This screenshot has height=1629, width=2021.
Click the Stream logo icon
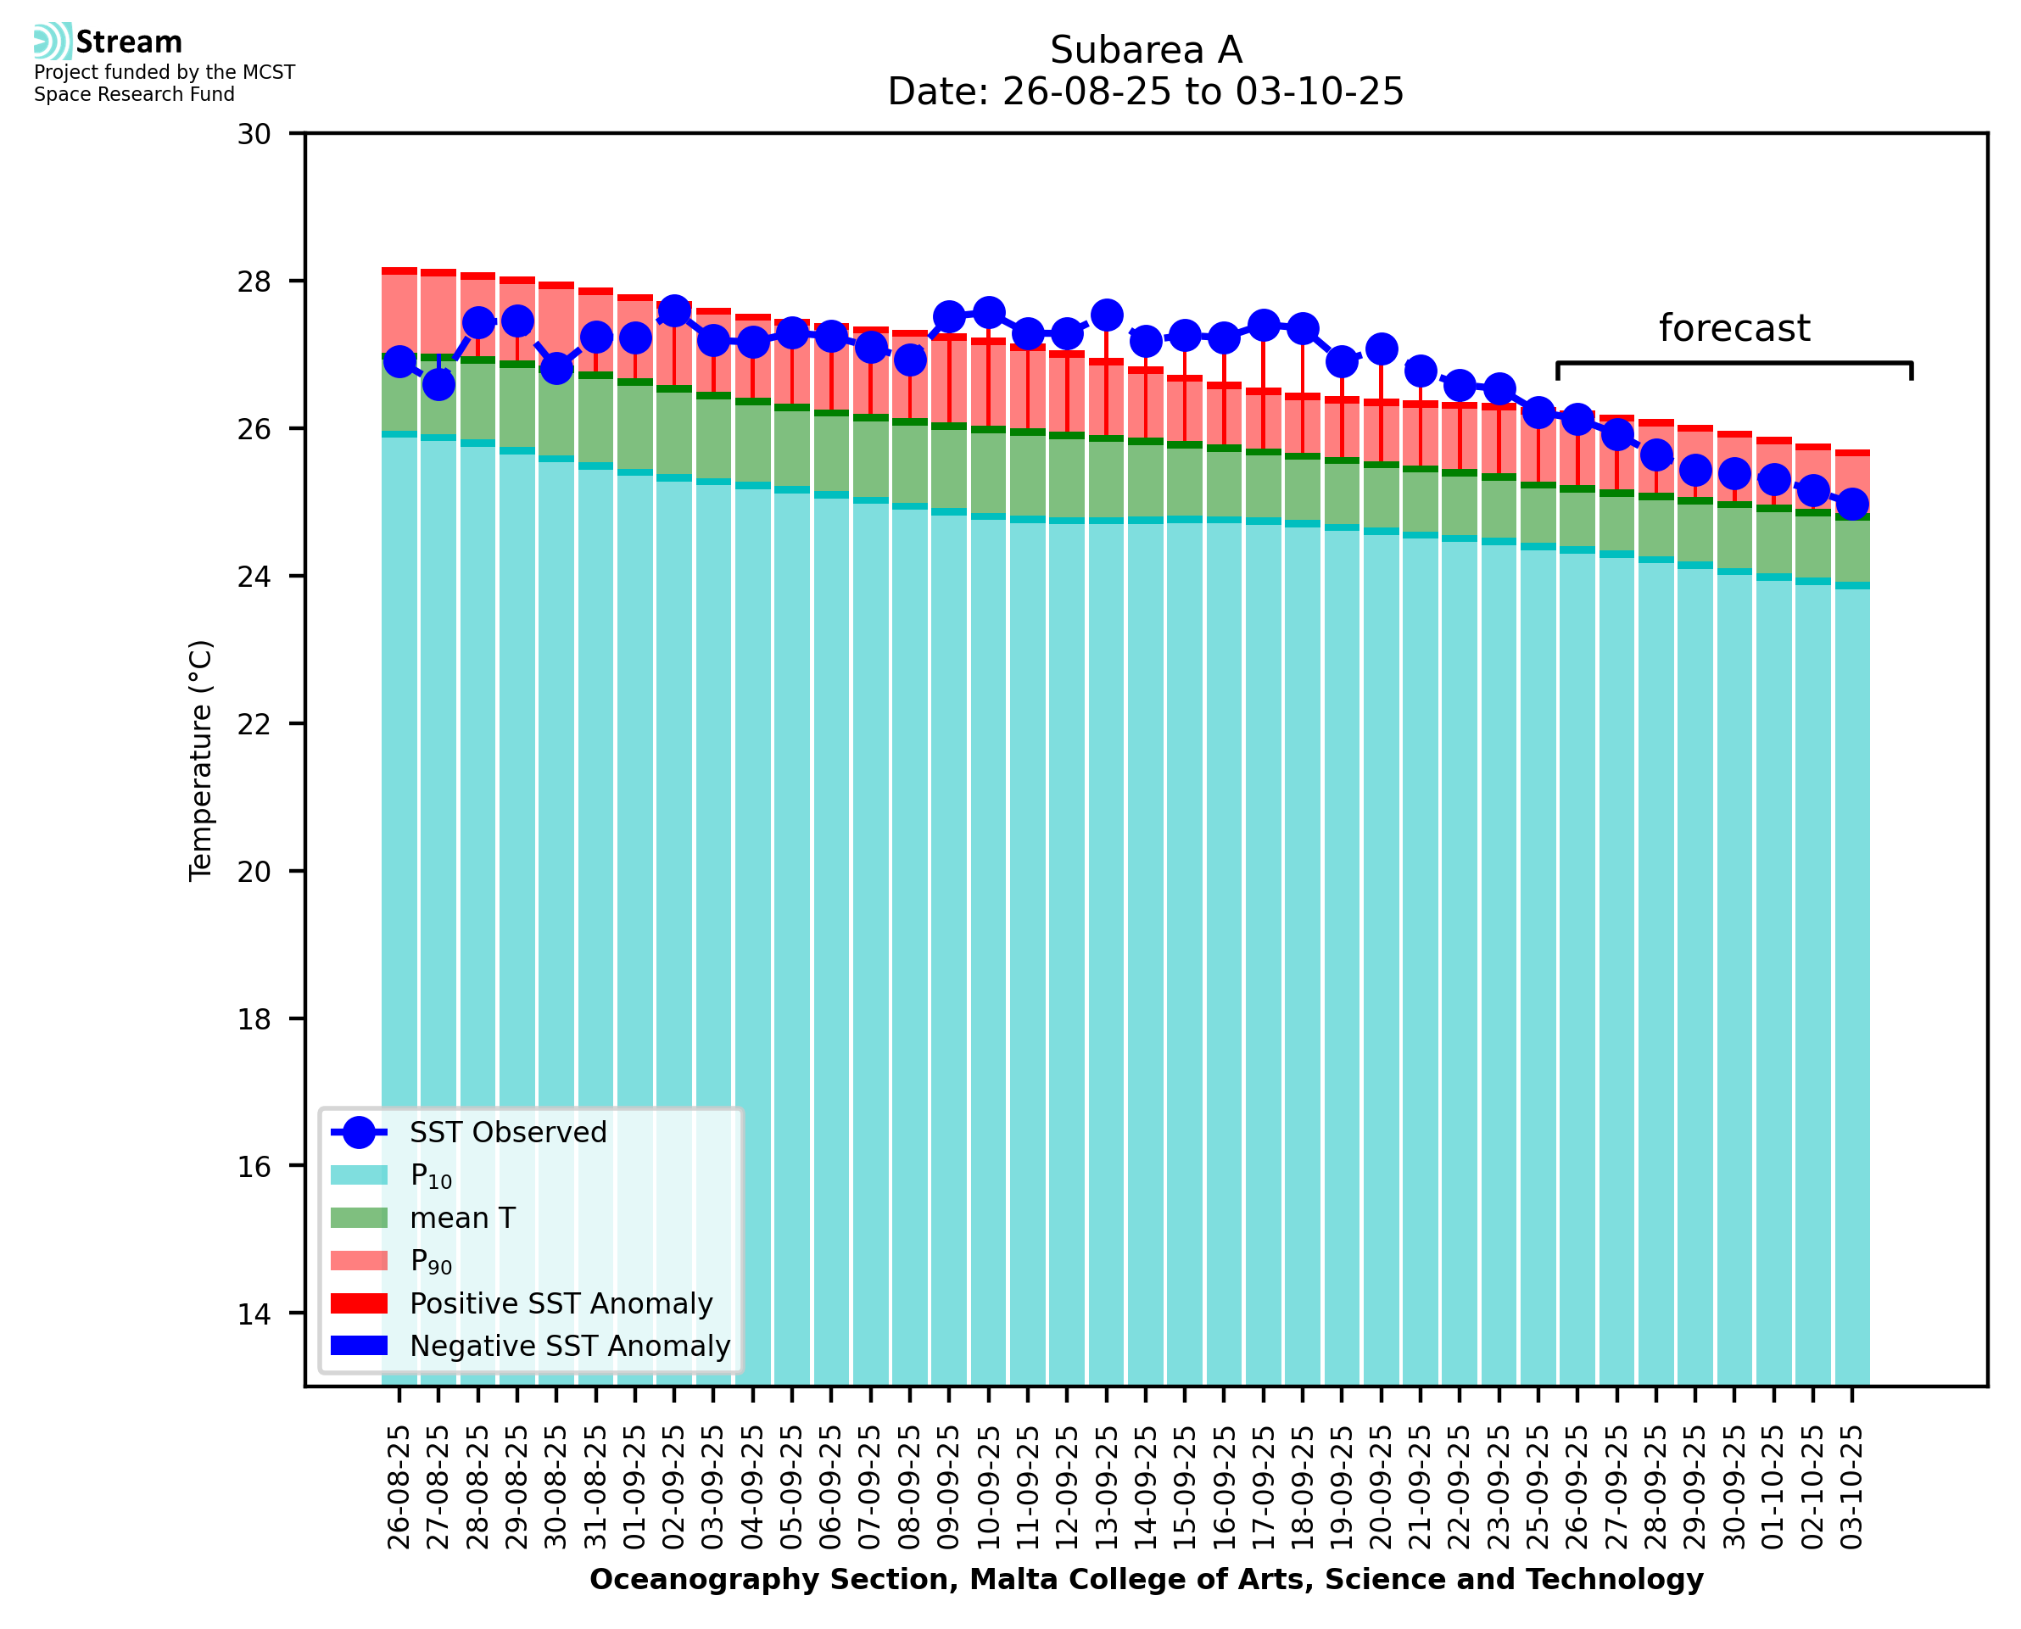click(53, 42)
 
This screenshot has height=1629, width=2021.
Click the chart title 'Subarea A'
click(1146, 50)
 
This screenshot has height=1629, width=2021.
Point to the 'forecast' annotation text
click(1733, 328)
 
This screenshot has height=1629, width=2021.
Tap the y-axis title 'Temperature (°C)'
click(201, 761)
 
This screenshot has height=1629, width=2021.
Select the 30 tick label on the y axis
click(254, 134)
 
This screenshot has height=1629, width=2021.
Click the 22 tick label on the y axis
click(254, 724)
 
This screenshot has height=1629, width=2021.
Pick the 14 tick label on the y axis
click(254, 1314)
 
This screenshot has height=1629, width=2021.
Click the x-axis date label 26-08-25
click(399, 1487)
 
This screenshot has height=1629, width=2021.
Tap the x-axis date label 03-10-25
click(1851, 1487)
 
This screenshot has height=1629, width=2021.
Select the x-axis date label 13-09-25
click(1107, 1487)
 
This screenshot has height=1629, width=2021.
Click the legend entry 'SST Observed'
click(508, 1133)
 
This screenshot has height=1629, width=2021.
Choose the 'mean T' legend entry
click(462, 1218)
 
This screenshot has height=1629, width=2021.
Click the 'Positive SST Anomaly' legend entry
click(561, 1303)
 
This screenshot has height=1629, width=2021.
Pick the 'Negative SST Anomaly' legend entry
click(570, 1346)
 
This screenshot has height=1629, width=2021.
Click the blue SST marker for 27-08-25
click(438, 384)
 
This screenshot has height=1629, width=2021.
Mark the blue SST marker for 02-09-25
click(673, 310)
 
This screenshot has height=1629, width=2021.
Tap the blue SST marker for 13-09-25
click(1107, 315)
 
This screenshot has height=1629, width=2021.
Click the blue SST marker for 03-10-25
click(1851, 504)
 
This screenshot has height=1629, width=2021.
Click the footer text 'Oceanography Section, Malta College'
click(1146, 1580)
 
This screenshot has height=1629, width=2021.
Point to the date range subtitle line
click(1146, 92)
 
